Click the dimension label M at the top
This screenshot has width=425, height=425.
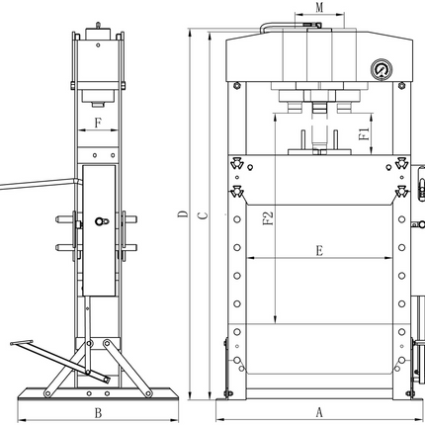[319, 7]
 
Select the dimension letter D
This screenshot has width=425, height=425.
[183, 214]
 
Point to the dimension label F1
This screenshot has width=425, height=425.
[364, 134]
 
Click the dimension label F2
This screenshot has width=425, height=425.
[268, 217]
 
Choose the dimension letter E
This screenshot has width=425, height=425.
[319, 251]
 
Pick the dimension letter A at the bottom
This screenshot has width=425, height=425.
[319, 412]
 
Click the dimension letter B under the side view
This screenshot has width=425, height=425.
[98, 413]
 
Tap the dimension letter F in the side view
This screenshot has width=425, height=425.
[98, 124]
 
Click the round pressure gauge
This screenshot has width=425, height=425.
[382, 69]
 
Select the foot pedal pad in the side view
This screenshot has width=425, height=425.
[22, 343]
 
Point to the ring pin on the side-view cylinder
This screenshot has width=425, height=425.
[101, 221]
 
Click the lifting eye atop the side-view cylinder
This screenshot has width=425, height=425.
[98, 26]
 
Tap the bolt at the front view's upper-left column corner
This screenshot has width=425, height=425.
[236, 86]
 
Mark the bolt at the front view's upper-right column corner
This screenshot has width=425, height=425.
[401, 86]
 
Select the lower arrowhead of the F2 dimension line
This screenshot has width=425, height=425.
[275, 319]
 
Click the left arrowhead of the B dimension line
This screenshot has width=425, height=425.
[22, 420]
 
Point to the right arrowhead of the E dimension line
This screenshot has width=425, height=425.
[388, 258]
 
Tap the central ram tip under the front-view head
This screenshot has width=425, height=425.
[319, 108]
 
